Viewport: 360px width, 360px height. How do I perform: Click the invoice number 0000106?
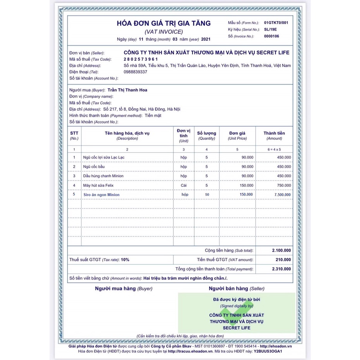[271, 36]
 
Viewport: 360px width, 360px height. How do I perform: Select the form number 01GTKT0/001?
[276, 23]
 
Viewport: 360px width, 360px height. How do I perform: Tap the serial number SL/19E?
[271, 29]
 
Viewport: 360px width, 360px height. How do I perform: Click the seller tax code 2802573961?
[141, 59]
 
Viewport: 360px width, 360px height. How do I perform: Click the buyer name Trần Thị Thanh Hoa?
[127, 90]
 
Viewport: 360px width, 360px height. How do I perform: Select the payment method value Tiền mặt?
[153, 116]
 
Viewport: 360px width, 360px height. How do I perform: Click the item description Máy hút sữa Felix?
[100, 185]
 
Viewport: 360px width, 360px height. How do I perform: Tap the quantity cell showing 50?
[207, 195]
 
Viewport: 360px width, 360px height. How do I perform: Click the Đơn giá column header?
[237, 133]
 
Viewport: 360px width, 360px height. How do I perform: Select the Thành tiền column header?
[274, 133]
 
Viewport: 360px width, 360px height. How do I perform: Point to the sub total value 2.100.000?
[281, 251]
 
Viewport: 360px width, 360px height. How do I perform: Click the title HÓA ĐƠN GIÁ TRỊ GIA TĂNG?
[164, 24]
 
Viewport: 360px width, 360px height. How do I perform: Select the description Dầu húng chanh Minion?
[103, 176]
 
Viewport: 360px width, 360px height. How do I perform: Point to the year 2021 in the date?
[206, 39]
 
